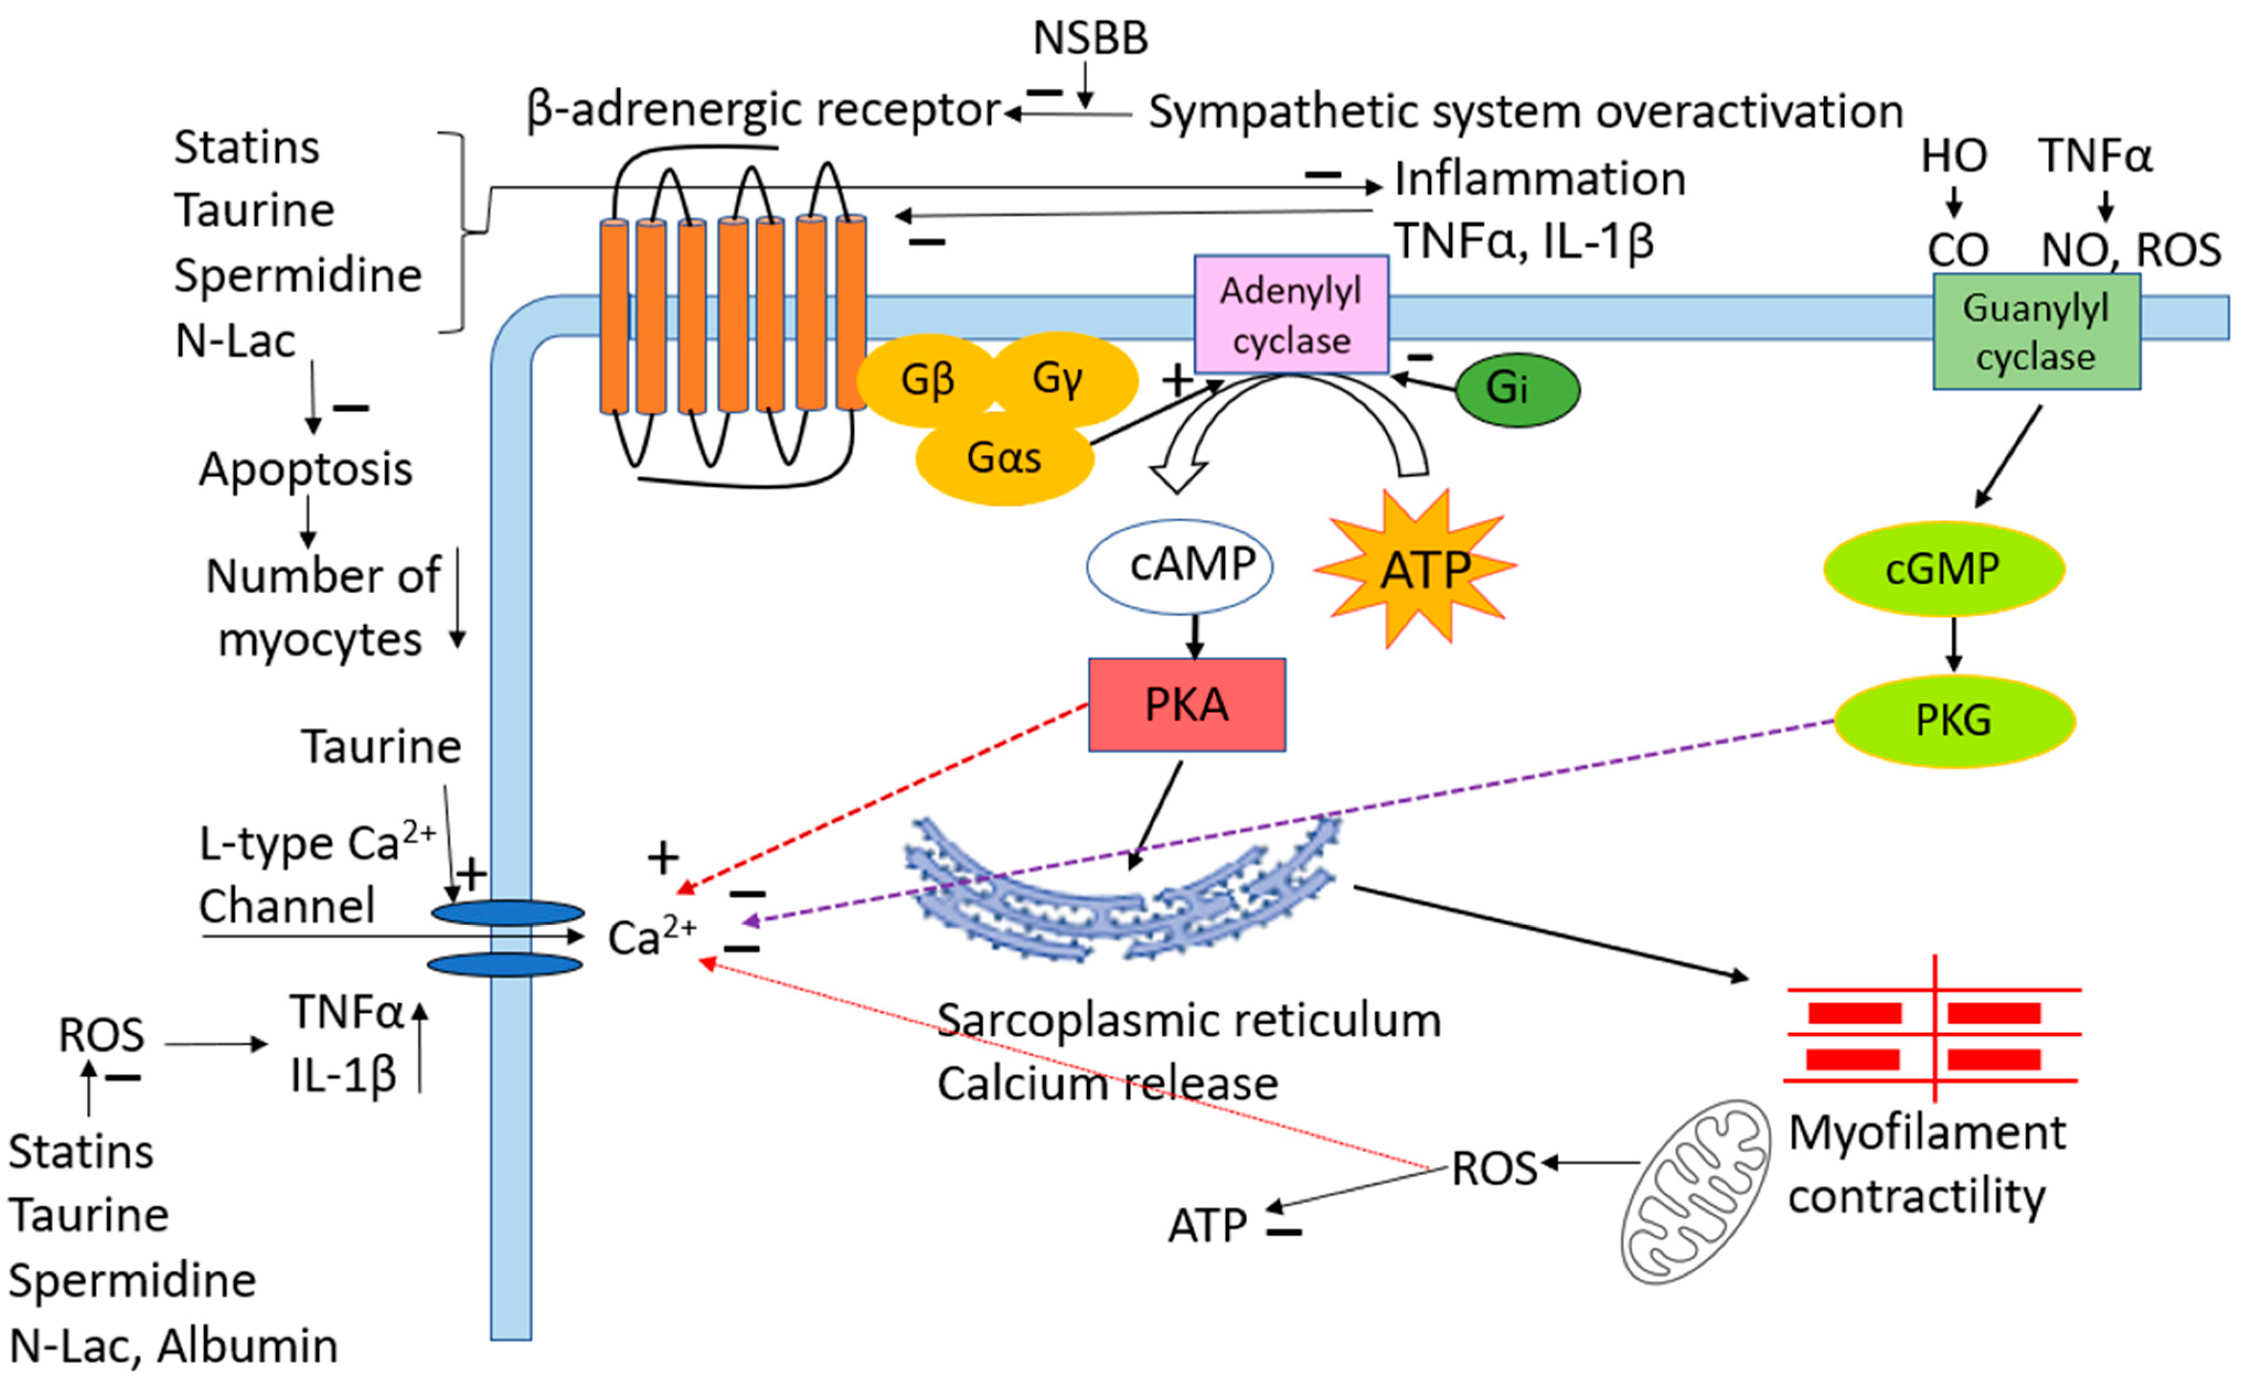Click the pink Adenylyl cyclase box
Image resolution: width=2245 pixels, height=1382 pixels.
[x=1291, y=314]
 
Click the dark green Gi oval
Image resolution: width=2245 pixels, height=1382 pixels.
[x=1517, y=388]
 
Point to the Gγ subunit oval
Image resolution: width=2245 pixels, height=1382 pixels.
[x=1063, y=378]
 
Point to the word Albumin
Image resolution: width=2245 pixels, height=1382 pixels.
[x=247, y=1346]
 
